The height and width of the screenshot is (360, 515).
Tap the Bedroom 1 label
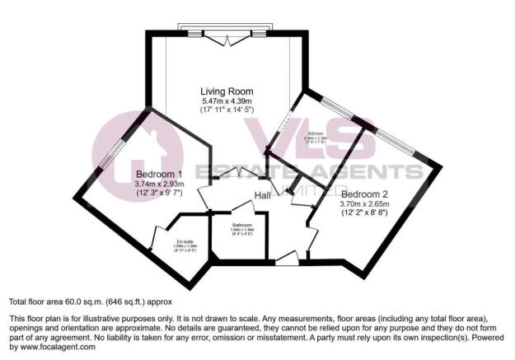pos(157,174)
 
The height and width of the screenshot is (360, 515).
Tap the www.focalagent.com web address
pos(53,347)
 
